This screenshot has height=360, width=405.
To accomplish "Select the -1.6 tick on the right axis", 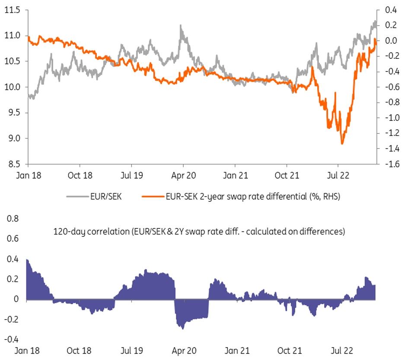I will (x=389, y=164).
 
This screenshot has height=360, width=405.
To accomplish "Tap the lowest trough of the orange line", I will (x=342, y=144).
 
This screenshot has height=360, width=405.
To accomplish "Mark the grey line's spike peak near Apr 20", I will (x=180, y=26).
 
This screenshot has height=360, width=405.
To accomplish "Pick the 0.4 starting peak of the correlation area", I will (x=27, y=260).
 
